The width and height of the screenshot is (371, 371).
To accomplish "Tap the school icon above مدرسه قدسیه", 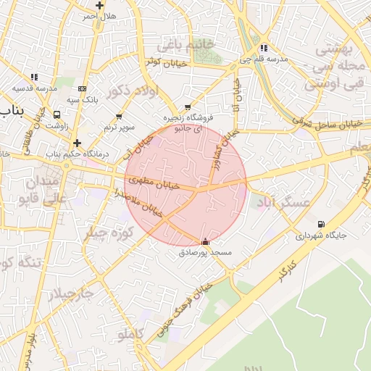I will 34,77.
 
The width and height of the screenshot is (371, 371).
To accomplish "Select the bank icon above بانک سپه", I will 82,88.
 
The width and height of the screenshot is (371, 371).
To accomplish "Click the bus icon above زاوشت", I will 57,114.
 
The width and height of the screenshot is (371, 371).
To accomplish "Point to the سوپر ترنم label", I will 119,127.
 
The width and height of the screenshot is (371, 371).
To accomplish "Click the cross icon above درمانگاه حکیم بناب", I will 77,143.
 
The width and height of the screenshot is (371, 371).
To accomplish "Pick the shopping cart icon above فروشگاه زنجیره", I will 188,107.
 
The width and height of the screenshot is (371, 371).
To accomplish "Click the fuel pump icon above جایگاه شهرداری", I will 321,225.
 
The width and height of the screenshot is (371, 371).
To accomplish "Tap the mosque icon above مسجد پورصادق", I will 205,242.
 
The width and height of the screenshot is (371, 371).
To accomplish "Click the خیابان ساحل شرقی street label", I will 320,121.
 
